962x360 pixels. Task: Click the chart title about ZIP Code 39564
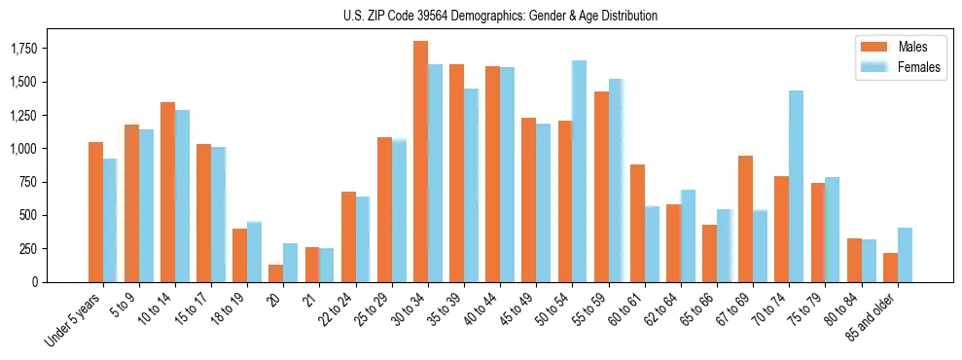tap(500, 16)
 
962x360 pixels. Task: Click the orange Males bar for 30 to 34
tap(420, 162)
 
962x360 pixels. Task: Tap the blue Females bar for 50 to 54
tap(579, 171)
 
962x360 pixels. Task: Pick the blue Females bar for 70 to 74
tap(796, 186)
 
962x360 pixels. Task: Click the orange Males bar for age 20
tap(275, 273)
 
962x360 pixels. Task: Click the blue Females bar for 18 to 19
tap(254, 252)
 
